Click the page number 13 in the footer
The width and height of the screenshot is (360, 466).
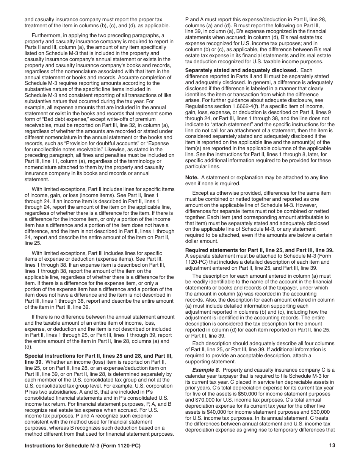point(332,446)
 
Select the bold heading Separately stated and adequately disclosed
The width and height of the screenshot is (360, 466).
point(241,70)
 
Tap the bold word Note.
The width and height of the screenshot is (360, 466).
point(192,178)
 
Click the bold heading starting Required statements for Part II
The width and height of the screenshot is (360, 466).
point(259,250)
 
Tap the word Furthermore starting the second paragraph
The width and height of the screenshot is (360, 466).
point(48,35)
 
